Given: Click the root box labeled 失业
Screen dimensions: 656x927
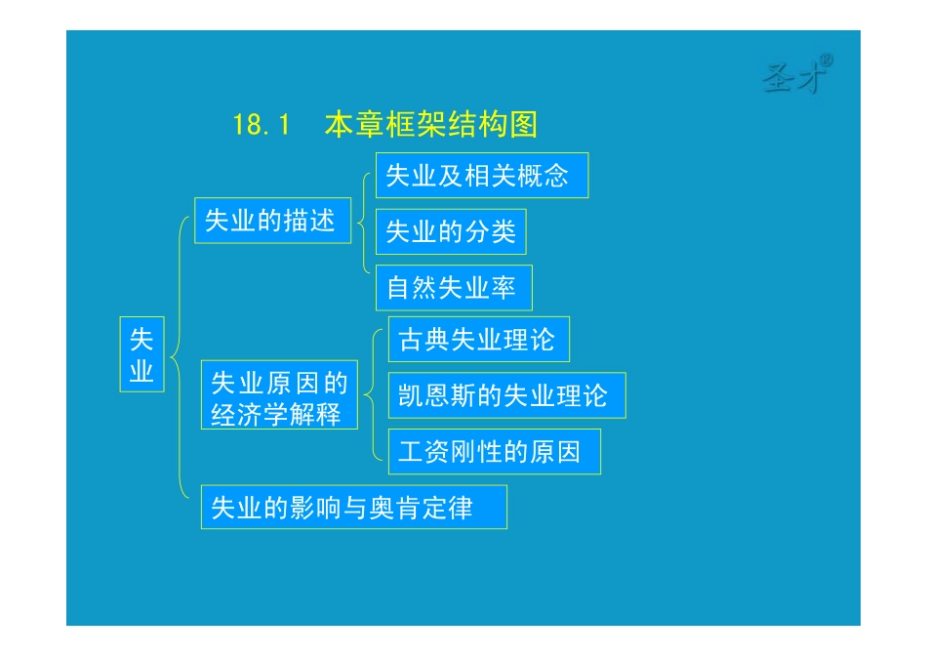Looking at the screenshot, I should [x=141, y=353].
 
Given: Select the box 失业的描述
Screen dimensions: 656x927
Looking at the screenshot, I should [x=272, y=222].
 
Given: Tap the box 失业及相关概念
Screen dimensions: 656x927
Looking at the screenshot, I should [x=482, y=176].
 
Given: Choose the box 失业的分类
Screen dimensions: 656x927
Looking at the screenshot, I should [x=451, y=231].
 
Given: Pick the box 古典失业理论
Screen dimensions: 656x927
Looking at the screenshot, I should [x=478, y=340].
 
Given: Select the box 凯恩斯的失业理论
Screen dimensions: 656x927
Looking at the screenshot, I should [x=505, y=395].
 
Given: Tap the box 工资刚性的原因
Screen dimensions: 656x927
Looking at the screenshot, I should [x=493, y=452].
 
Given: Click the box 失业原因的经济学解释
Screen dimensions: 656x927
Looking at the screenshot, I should [x=279, y=395].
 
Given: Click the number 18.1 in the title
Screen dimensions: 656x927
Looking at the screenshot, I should [x=262, y=126].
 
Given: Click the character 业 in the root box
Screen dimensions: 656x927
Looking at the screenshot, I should [x=141, y=371].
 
